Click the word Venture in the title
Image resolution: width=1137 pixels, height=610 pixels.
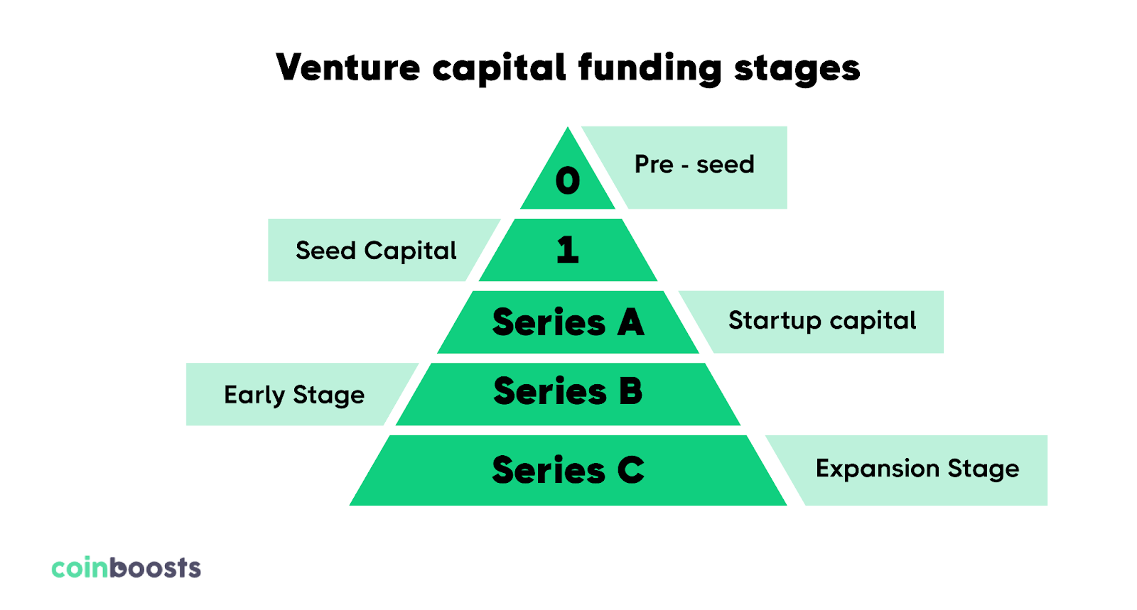348,68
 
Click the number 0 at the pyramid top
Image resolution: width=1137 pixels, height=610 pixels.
568,180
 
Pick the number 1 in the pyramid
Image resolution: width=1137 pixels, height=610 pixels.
568,250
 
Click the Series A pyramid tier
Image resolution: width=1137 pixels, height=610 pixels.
568,322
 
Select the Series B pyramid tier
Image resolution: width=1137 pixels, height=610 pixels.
568,392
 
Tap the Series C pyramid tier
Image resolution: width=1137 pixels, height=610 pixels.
568,470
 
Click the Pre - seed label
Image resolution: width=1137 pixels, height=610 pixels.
694,165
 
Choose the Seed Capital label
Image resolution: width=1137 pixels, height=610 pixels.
376,251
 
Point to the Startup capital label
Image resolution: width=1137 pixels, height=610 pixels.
822,321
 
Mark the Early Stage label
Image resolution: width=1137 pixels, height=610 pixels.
294,395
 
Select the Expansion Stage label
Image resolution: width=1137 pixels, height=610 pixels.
917,469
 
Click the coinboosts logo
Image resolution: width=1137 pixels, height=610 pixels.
126,568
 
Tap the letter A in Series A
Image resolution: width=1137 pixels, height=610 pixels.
630,322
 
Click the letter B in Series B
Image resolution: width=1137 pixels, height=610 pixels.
630,392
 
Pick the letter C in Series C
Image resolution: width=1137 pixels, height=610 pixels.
630,470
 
